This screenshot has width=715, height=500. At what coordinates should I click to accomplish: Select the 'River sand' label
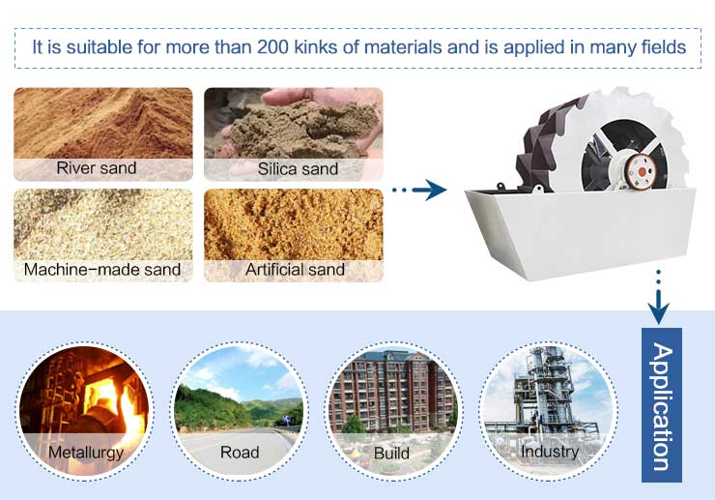pyautogui.click(x=97, y=168)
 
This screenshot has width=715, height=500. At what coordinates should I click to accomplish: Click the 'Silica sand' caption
pyautogui.click(x=298, y=169)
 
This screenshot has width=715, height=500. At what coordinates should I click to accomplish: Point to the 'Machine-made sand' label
pyautogui.click(x=102, y=270)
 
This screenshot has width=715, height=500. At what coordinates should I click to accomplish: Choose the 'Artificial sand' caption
pyautogui.click(x=295, y=270)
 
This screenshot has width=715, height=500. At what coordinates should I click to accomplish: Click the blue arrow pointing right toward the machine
pyautogui.click(x=419, y=190)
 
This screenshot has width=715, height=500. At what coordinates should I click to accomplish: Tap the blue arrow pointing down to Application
pyautogui.click(x=658, y=297)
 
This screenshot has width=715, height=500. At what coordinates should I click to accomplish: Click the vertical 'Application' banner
pyautogui.click(x=662, y=405)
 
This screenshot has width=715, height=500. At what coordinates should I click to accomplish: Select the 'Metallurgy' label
pyautogui.click(x=86, y=453)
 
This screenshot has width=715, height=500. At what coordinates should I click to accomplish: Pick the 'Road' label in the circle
pyautogui.click(x=240, y=453)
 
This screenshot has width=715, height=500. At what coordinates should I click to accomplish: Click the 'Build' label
pyautogui.click(x=391, y=454)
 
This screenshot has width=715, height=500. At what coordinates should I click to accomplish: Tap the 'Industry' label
pyautogui.click(x=550, y=452)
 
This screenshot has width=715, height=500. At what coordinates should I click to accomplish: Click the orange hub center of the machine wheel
pyautogui.click(x=642, y=172)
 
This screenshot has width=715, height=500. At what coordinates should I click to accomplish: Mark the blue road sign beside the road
pyautogui.click(x=286, y=418)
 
